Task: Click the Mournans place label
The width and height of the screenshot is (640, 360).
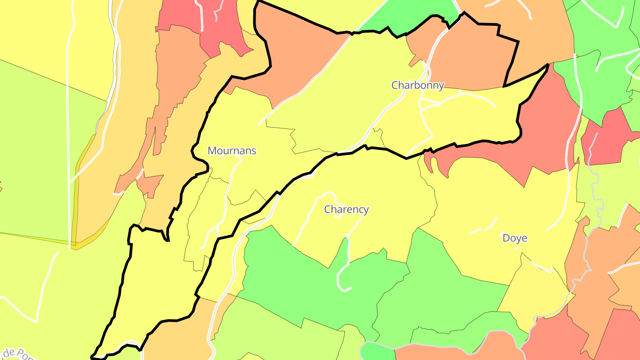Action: tap(232, 151)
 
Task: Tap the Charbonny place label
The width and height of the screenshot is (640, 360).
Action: tap(417, 85)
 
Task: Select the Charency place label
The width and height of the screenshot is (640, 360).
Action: tap(346, 209)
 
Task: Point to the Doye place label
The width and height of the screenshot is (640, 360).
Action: tap(515, 238)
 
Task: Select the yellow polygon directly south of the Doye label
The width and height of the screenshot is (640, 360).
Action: tap(533, 289)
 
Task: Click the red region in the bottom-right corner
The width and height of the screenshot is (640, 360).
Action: tap(622, 338)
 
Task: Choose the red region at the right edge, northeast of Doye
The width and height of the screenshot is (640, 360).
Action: tap(607, 138)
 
